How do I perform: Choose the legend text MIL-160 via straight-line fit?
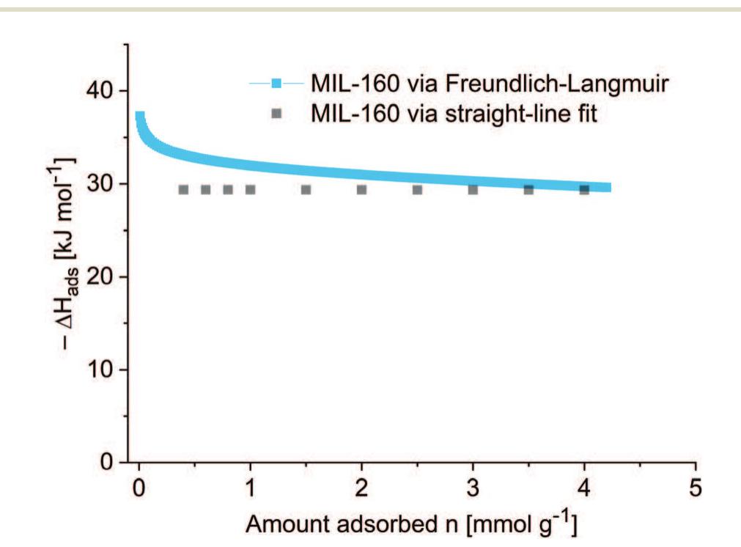click(x=451, y=114)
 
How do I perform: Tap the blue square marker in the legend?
click(x=276, y=84)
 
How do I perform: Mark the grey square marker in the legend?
click(x=276, y=115)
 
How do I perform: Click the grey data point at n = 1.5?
click(x=306, y=190)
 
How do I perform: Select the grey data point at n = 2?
click(x=361, y=190)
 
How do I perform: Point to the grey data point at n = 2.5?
click(x=417, y=190)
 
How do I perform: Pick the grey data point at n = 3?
click(x=473, y=190)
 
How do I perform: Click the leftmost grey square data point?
click(x=183, y=190)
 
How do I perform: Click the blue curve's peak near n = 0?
click(x=139, y=116)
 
